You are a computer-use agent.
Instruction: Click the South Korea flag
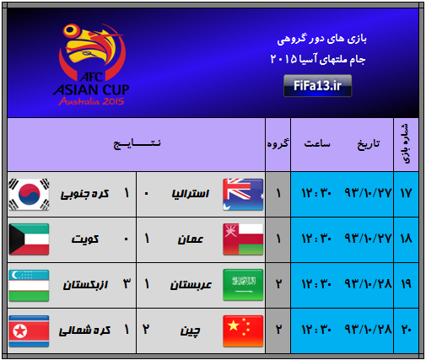click(29, 194)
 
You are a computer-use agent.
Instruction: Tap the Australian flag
click(243, 194)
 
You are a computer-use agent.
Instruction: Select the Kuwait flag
click(29, 239)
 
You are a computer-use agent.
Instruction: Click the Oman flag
click(243, 239)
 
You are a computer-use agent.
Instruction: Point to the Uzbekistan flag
click(29, 285)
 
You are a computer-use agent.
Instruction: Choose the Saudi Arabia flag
click(243, 285)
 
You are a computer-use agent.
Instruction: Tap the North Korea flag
click(29, 331)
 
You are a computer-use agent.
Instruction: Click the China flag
click(243, 331)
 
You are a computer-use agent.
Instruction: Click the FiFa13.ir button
click(317, 86)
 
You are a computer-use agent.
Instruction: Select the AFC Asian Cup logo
click(91, 64)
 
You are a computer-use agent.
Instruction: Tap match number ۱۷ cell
click(406, 194)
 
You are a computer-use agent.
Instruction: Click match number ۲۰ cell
click(406, 330)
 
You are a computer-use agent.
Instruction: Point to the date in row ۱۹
click(368, 284)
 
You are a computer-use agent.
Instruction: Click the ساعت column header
click(317, 143)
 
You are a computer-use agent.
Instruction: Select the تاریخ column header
click(369, 144)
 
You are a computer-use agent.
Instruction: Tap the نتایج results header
click(137, 143)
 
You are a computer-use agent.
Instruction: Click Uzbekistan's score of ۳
click(127, 284)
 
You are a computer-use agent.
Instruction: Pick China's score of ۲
click(146, 329)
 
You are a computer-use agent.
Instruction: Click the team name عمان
click(191, 239)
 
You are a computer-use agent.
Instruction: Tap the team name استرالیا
click(191, 194)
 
